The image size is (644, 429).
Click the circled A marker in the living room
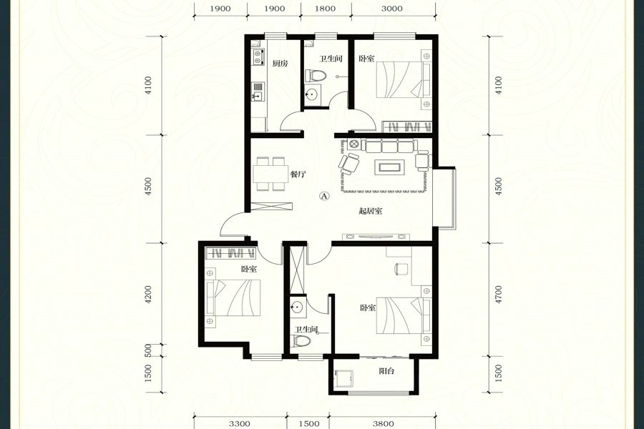(x=324, y=196)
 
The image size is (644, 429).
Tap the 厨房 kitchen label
(x=280, y=64)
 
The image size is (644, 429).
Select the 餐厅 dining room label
(x=298, y=174)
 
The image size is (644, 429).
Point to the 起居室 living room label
(x=371, y=211)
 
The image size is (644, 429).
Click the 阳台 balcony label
(x=386, y=371)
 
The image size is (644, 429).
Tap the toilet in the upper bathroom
(x=316, y=76)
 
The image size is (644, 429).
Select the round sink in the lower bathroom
(x=296, y=307)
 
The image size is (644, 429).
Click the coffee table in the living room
(x=390, y=167)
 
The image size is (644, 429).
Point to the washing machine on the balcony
(x=343, y=378)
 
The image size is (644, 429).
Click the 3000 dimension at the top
(x=391, y=9)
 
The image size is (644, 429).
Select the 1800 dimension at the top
(x=325, y=9)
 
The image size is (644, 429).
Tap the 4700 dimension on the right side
(x=499, y=295)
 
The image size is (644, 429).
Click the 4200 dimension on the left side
(x=149, y=295)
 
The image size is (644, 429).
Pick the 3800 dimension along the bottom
(x=384, y=424)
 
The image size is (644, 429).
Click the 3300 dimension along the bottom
(x=240, y=424)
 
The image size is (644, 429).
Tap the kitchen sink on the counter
(x=258, y=92)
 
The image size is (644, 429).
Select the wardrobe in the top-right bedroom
(x=407, y=127)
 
